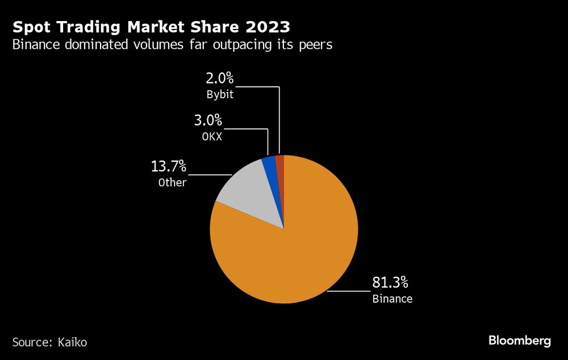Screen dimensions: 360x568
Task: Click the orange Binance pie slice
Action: pos(290,250)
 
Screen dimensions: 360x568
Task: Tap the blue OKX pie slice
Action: pos(270,165)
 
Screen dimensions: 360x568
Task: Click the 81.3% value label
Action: pos(390,282)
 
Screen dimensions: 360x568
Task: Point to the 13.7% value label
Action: pos(169,167)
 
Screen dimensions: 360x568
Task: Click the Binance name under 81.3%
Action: pos(392,299)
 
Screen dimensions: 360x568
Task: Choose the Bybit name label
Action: pos(219,95)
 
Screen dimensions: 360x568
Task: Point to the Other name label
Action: pos(173,182)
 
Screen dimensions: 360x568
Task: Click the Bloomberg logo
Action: pos(520,341)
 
